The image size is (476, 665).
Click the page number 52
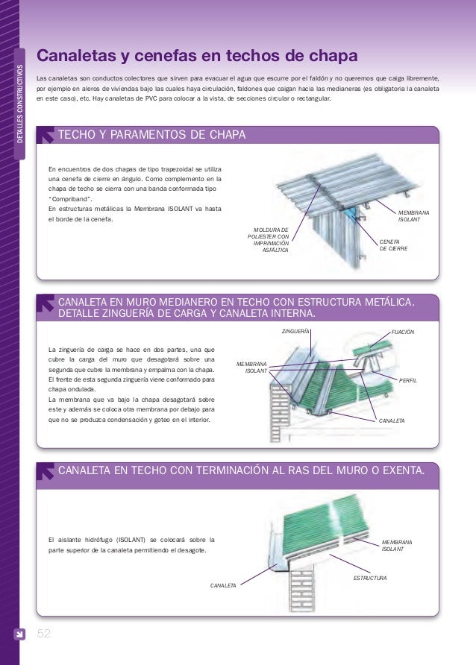point(44,634)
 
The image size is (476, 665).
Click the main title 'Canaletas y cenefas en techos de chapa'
point(198,57)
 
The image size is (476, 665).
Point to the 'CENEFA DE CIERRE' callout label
point(394,245)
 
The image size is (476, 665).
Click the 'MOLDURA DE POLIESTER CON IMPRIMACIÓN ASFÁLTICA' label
point(271,239)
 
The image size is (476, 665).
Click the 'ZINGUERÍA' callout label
point(295,330)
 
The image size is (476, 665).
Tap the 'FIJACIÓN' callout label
point(402,330)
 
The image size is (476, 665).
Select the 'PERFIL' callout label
point(408,380)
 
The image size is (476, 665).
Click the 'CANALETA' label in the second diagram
point(392,421)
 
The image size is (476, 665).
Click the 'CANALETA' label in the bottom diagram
point(223,586)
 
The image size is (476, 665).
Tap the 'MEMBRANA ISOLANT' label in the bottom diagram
point(397,545)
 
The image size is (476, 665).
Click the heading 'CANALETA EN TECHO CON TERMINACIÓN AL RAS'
point(242,470)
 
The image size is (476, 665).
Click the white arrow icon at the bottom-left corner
point(21,634)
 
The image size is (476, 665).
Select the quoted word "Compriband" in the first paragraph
point(71,199)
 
